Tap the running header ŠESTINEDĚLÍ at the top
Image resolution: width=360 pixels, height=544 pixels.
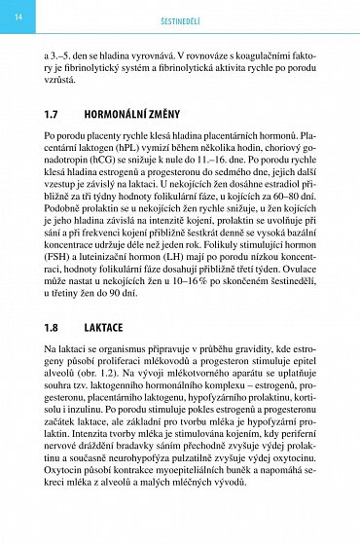point(180,18)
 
